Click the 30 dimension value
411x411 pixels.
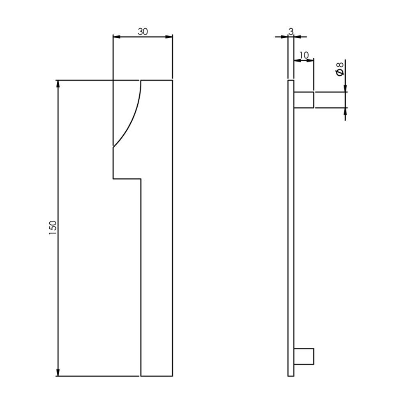[143, 32]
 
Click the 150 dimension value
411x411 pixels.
[53, 228]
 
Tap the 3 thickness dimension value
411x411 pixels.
[291, 32]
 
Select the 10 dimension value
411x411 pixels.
[304, 55]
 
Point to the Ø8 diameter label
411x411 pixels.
[340, 69]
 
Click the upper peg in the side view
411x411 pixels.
[304, 99]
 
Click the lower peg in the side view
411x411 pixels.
[304, 356]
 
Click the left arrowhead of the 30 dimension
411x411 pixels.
[116, 37]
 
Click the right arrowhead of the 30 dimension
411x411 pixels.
[169, 37]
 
